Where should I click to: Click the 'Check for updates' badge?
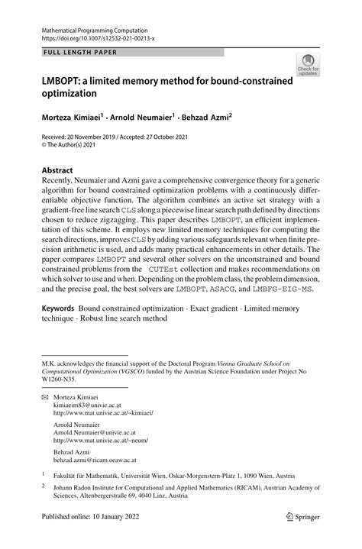pyautogui.click(x=308, y=65)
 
